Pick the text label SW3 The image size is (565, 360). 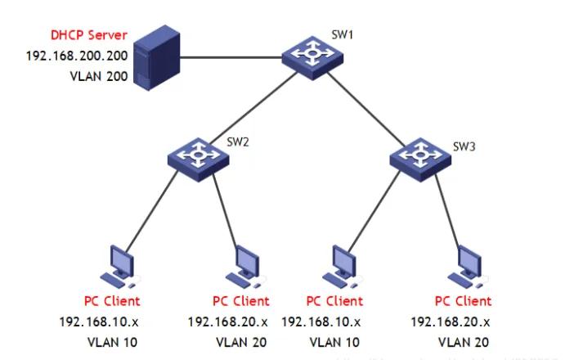tap(464, 148)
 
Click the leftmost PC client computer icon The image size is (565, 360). tap(119, 266)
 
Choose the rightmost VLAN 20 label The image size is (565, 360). tap(463, 340)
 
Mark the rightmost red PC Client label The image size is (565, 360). tap(462, 302)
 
